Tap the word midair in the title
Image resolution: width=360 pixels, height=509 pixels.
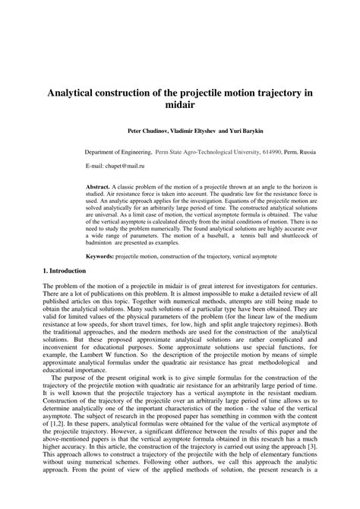point(180,106)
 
